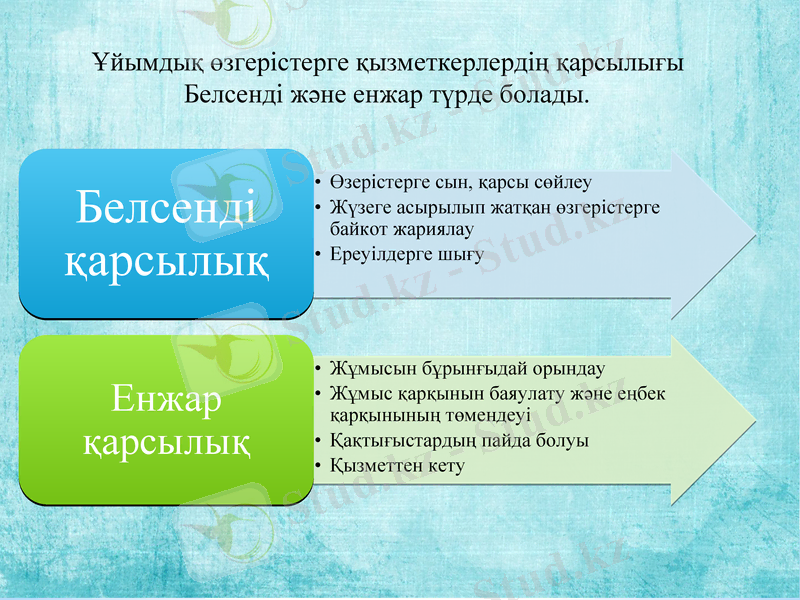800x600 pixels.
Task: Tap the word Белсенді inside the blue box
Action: pyautogui.click(x=166, y=207)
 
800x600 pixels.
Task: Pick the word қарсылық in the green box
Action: pyautogui.click(x=166, y=440)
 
